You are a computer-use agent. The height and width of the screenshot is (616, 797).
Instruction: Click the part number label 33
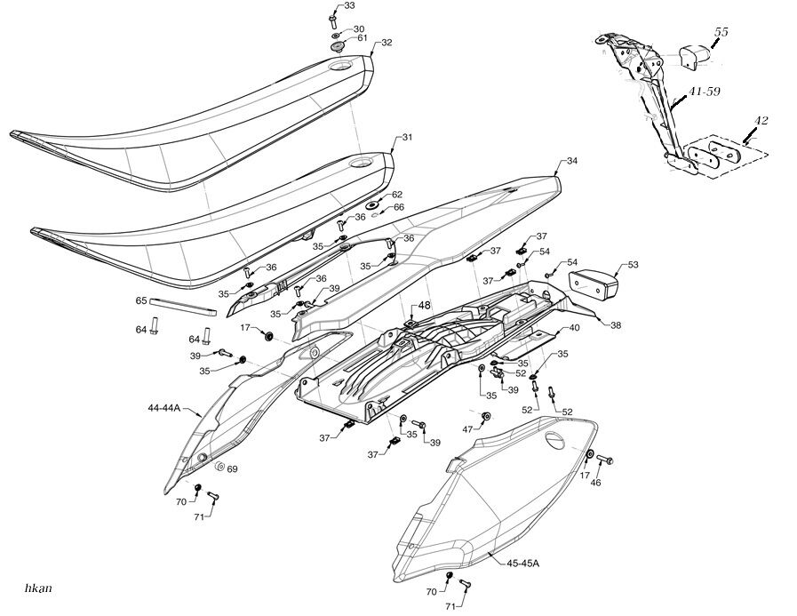point(350,6)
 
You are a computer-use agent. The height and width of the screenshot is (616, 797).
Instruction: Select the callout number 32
point(387,43)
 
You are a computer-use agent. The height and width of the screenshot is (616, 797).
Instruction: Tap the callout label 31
point(408,138)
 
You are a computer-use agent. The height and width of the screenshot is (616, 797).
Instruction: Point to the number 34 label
point(571,162)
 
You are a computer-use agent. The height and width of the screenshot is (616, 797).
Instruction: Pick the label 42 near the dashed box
point(761,120)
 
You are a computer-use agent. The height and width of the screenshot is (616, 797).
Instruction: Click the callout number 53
point(633,264)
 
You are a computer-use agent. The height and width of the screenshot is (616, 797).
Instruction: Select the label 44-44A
point(163,409)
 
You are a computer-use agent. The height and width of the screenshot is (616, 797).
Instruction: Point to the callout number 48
point(425,305)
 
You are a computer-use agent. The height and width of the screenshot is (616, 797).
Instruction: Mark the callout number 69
point(232,468)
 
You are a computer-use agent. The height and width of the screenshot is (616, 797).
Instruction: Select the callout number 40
point(574,328)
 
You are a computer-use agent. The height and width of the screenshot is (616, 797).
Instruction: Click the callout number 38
point(615,325)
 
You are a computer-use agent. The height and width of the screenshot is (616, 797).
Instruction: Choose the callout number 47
point(467,428)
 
